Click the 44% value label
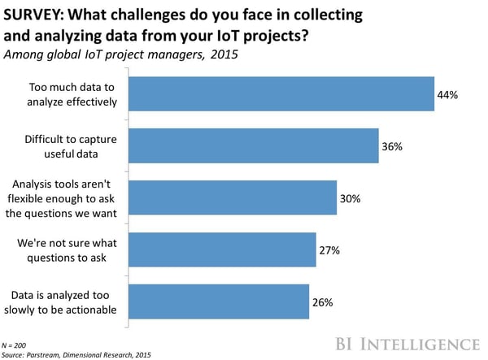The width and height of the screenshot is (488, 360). [447, 95]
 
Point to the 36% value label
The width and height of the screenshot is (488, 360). [392, 147]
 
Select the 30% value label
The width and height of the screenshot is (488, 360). [350, 199]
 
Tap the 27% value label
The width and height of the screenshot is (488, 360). [329, 251]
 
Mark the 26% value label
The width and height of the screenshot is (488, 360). [322, 303]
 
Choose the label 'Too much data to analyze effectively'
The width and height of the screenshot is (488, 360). [72, 94]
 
